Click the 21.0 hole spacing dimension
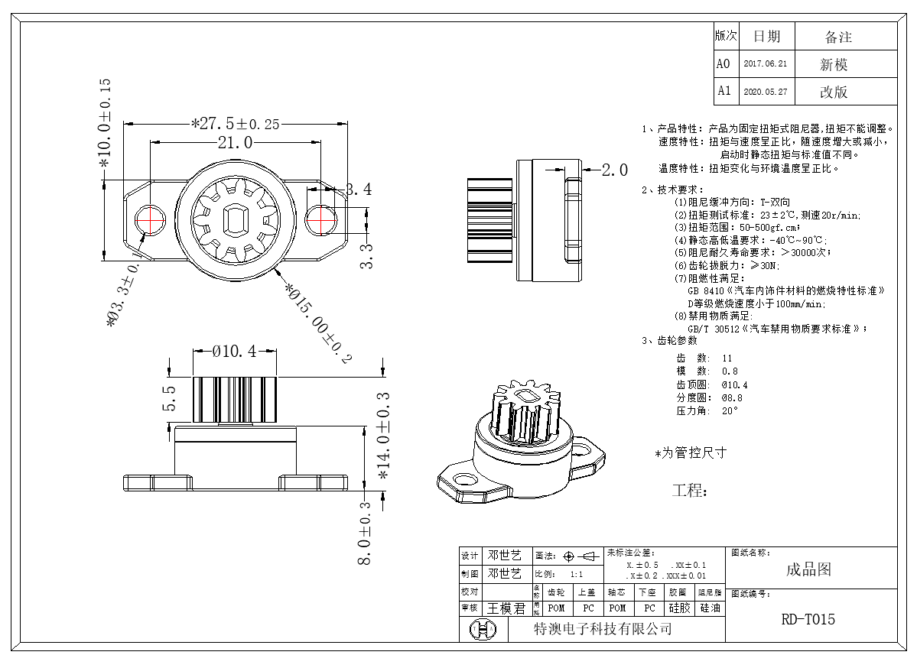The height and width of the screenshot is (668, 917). (x=235, y=142)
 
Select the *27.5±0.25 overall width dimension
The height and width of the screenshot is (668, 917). (x=235, y=123)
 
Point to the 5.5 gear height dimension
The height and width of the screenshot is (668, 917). (x=169, y=398)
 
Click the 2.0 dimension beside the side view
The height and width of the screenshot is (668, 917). (x=614, y=170)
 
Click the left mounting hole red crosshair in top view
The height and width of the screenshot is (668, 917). (x=151, y=220)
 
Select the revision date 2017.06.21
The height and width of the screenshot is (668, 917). (x=765, y=65)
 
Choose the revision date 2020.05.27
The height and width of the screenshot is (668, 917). (x=765, y=92)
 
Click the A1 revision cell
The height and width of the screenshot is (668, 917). (x=724, y=91)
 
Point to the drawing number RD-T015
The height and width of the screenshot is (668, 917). (x=808, y=619)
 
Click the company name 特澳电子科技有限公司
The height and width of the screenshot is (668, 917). (x=602, y=629)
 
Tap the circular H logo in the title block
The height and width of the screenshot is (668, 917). (x=483, y=629)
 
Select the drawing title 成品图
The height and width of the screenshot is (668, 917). (x=808, y=569)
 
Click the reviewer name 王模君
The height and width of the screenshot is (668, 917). (x=506, y=608)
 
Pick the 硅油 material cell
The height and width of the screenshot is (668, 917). (x=709, y=608)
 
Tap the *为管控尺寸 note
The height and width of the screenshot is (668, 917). (x=691, y=453)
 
